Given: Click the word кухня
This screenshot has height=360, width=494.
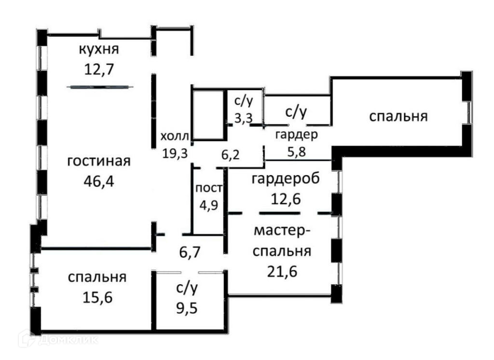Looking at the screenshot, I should [x=99, y=49].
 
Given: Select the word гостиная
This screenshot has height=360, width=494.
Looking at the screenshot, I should [x=99, y=161].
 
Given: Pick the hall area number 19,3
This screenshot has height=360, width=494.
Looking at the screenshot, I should [x=175, y=153].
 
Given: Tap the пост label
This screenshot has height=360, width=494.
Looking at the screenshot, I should [x=209, y=188].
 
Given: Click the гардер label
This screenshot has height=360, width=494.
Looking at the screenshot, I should [x=297, y=135].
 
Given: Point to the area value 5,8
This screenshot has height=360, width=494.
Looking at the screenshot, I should [x=297, y=152].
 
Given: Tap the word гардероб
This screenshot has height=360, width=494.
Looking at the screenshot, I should [x=286, y=179].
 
